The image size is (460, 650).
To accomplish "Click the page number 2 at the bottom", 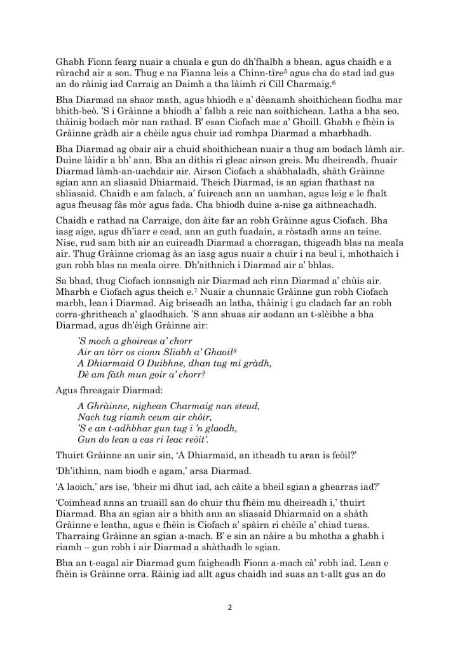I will point(230,606).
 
